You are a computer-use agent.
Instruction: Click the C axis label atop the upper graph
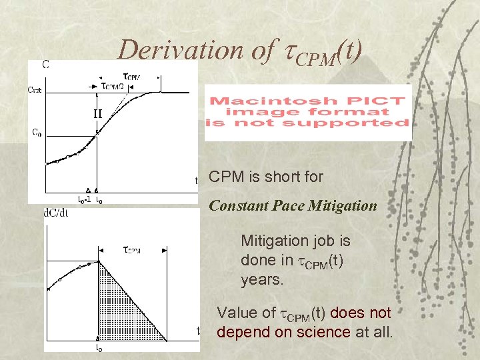[45, 65]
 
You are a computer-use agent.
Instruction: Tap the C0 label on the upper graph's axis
[37, 132]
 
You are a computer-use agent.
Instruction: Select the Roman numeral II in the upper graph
[97, 113]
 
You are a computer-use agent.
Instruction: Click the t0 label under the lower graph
[99, 347]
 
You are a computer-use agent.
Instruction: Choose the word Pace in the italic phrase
[286, 206]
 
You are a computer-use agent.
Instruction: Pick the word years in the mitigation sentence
[262, 280]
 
